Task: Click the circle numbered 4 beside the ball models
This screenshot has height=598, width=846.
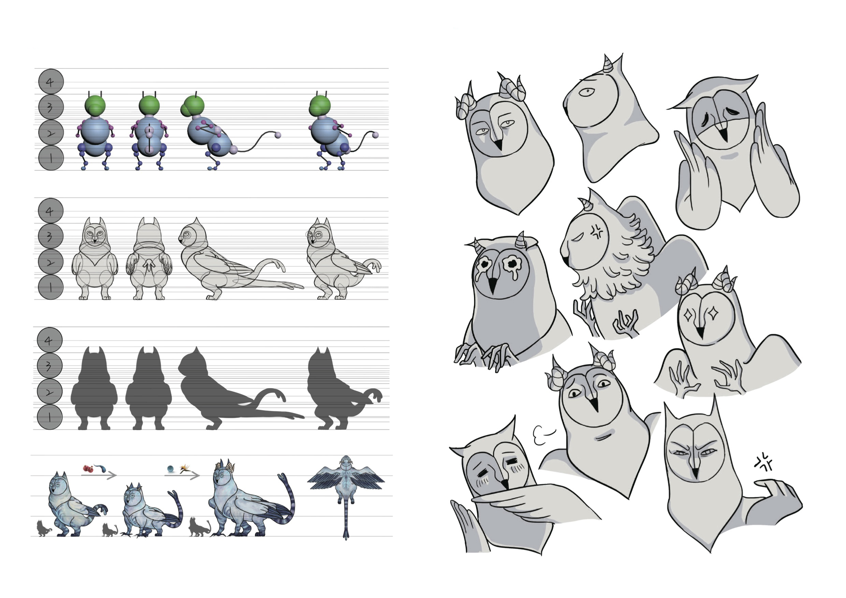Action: point(51,82)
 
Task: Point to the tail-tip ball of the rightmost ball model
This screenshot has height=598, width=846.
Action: point(375,135)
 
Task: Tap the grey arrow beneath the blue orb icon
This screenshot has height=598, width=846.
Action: point(182,476)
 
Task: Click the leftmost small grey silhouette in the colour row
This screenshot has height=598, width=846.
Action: point(44,528)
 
